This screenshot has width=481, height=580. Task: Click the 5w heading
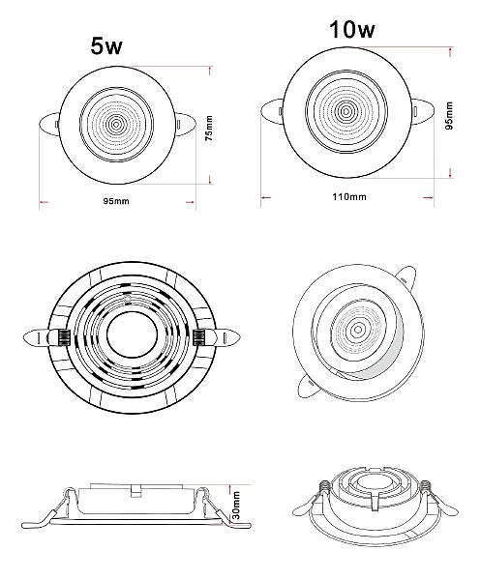coord(106,46)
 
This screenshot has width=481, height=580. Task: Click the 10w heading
coord(352,29)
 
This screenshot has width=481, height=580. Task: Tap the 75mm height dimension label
coord(210,128)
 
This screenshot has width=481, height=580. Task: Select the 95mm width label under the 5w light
coord(116,201)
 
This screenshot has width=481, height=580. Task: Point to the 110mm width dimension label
coord(348,197)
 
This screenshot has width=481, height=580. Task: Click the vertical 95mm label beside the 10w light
coord(449,115)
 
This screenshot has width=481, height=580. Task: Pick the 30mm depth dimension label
coord(236,505)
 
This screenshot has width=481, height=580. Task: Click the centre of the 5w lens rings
coord(116,125)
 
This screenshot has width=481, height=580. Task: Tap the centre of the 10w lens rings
coord(346,111)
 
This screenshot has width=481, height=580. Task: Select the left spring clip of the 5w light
coord(49,125)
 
